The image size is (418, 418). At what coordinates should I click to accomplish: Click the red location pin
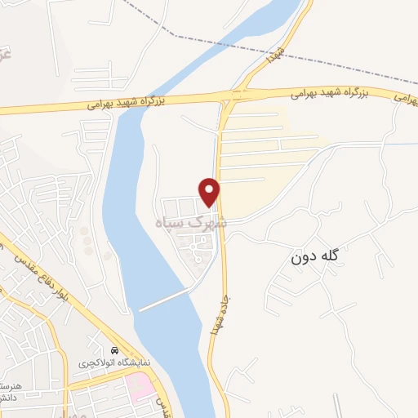pos(210,191)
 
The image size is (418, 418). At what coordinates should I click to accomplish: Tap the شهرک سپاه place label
pos(190,222)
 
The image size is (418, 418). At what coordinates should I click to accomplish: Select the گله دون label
pos(325,256)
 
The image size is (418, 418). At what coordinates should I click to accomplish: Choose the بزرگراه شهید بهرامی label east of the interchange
pos(330,94)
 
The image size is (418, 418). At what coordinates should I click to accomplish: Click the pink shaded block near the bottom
pos(141,385)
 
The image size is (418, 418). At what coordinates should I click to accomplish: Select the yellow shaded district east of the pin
pos(269,155)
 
